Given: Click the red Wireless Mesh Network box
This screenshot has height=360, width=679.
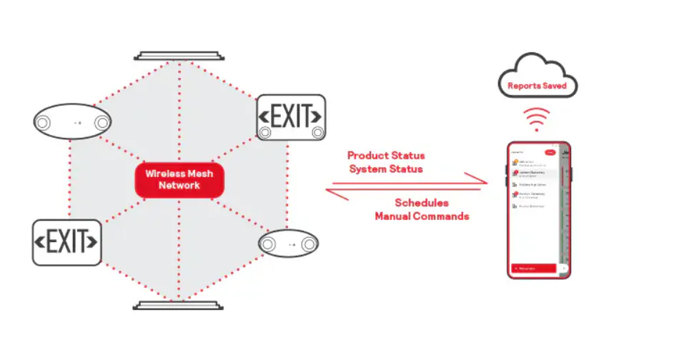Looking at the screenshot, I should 179,179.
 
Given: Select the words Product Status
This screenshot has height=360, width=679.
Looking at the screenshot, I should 386,155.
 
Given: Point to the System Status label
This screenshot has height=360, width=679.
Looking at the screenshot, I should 386,169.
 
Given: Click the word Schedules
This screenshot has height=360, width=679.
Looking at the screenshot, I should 422,203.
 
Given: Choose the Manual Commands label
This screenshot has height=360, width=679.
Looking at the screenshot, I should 422,216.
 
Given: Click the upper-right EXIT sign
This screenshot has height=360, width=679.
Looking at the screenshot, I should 291,116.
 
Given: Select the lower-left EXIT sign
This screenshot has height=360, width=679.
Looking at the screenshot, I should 66,242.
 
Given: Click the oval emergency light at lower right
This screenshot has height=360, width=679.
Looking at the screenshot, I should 288,244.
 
